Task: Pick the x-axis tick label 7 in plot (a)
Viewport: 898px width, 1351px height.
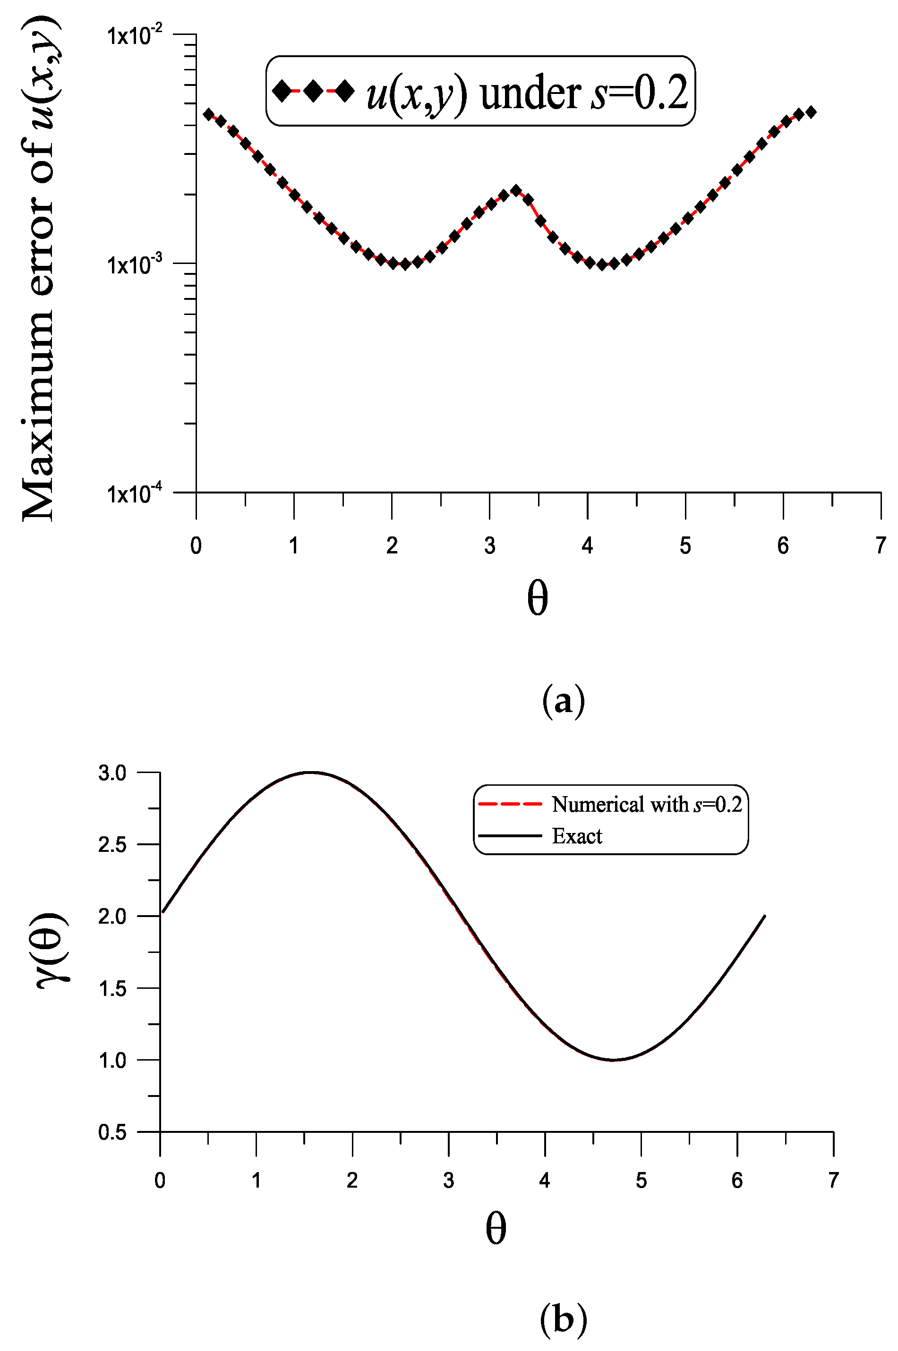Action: coord(880,545)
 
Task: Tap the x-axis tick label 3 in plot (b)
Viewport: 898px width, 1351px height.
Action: coord(448,1180)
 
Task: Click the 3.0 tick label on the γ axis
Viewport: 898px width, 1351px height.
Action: coord(112,773)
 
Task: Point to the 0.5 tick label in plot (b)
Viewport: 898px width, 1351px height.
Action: coord(112,1132)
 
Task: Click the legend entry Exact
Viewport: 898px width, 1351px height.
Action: coord(577,836)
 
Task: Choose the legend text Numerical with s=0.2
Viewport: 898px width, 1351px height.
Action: coord(647,804)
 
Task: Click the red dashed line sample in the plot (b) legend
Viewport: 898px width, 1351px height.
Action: coord(510,804)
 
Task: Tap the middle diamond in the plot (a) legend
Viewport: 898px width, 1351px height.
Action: coord(313,91)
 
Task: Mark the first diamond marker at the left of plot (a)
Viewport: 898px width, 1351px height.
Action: coord(208,114)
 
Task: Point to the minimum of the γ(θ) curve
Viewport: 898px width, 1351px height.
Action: coord(613,1060)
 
